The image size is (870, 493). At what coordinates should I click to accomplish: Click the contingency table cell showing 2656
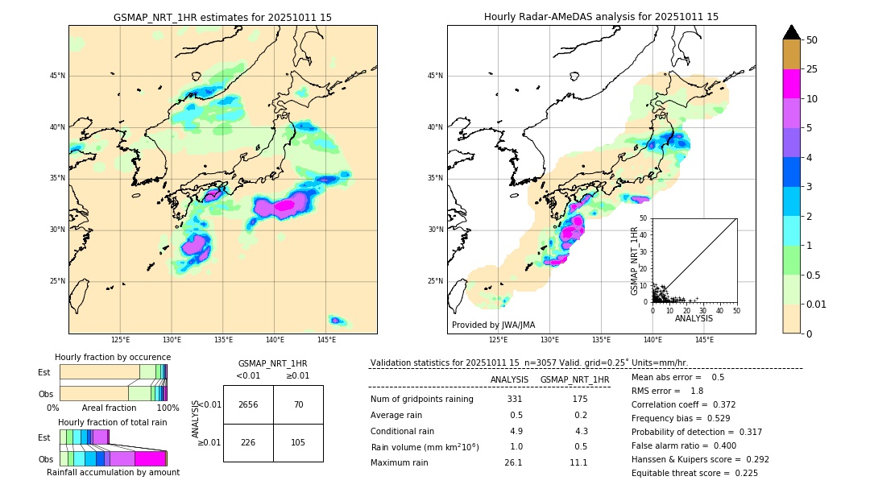[248, 404]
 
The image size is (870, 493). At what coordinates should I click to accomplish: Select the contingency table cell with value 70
[298, 404]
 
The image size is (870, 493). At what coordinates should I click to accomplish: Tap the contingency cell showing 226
[248, 442]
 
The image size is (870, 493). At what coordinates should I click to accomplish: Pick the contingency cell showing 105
[298, 442]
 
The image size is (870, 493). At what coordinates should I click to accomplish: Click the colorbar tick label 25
[812, 69]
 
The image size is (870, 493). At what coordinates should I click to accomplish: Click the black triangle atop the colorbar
[792, 32]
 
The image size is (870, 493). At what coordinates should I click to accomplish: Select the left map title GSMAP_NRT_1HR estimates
[222, 17]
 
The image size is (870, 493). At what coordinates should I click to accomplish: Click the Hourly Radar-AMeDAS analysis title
[601, 17]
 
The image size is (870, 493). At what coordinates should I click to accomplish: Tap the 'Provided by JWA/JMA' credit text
[493, 325]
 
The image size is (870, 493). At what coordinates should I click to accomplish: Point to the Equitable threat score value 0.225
[741, 473]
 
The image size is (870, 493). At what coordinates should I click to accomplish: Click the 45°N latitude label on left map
[57, 76]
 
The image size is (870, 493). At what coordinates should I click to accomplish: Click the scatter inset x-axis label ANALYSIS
[694, 318]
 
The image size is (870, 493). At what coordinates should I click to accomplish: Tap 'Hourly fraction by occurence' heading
[113, 357]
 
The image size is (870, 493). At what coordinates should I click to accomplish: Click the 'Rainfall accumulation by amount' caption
[113, 472]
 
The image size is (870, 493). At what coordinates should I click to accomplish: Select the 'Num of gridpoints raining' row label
[422, 399]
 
